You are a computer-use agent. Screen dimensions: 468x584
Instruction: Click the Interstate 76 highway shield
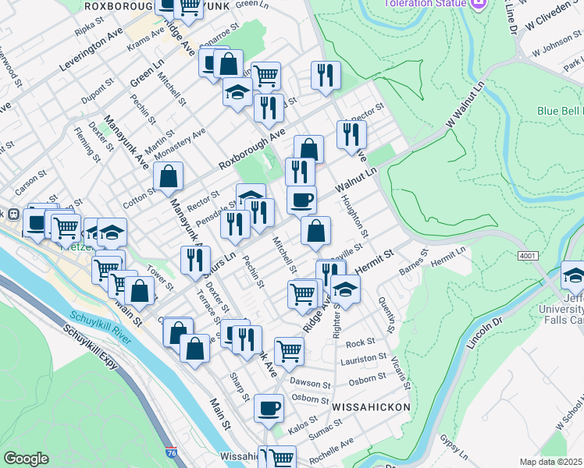[171, 452]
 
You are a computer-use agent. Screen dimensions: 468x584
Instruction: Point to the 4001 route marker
[526, 255]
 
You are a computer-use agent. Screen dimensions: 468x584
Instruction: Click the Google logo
[26, 459]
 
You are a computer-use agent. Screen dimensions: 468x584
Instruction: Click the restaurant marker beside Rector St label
[351, 133]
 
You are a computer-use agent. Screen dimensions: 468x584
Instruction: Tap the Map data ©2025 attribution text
[550, 462]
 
